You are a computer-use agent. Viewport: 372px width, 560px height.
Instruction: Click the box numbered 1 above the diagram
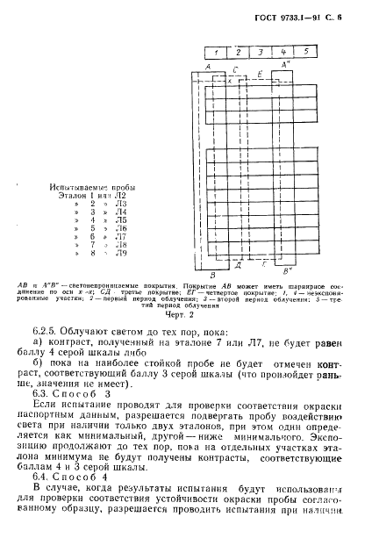pyautogui.click(x=214, y=52)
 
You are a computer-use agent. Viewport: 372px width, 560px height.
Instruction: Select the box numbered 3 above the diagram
pyautogui.click(x=260, y=52)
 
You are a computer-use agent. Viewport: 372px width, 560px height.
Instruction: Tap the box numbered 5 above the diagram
pyautogui.click(x=304, y=52)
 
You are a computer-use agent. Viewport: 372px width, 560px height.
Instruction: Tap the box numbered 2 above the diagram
pyautogui.click(x=237, y=52)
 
